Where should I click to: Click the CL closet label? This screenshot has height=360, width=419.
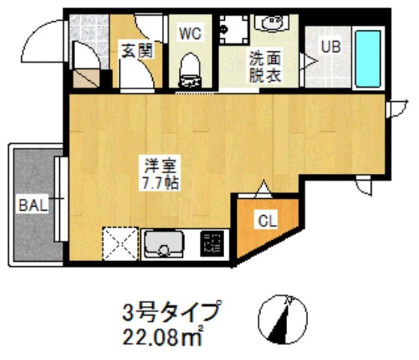point(268,220)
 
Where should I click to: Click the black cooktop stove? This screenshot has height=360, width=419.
point(212,244)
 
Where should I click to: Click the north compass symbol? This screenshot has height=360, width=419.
point(286,317)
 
